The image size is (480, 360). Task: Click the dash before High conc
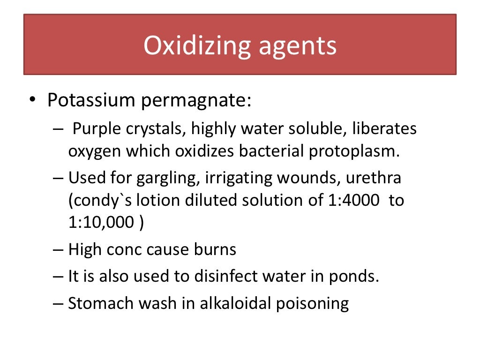coord(58,250)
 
